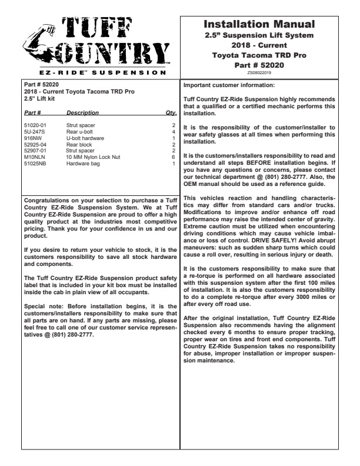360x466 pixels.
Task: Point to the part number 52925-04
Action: [x=35, y=144]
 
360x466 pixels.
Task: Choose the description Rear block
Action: [x=79, y=144]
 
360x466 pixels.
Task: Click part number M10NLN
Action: [x=34, y=157]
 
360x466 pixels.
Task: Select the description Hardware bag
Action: [x=82, y=162]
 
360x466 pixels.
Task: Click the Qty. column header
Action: [x=171, y=112]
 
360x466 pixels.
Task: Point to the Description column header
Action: [x=82, y=112]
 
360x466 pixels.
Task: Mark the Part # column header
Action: [x=32, y=112]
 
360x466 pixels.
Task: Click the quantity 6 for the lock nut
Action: [x=174, y=157]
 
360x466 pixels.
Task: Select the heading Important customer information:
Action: [x=226, y=85]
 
